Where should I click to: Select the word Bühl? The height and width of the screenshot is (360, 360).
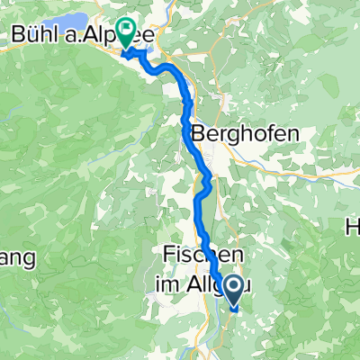(x=35, y=35)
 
